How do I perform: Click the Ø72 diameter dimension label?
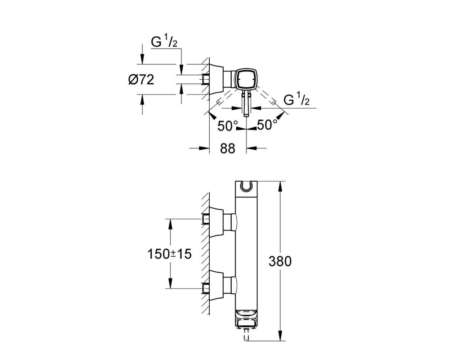pyautogui.click(x=141, y=80)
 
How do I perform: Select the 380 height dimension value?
pyautogui.click(x=280, y=261)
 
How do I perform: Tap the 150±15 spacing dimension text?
pyautogui.click(x=169, y=254)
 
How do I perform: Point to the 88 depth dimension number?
pyautogui.click(x=228, y=148)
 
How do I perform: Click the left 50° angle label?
pyautogui.click(x=228, y=126)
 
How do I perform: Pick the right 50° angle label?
pyautogui.click(x=267, y=125)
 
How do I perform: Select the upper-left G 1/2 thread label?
pyautogui.click(x=164, y=42)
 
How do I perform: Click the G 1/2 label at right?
pyautogui.click(x=297, y=100)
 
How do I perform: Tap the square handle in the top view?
pyautogui.click(x=246, y=79)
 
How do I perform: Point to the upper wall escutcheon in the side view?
pyautogui.click(x=216, y=222)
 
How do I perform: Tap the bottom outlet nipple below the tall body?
pyautogui.click(x=246, y=335)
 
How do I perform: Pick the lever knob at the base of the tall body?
pyautogui.click(x=246, y=319)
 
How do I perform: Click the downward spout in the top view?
pyautogui.click(x=247, y=103)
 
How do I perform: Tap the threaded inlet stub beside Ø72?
pyautogui.click(x=206, y=79)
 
